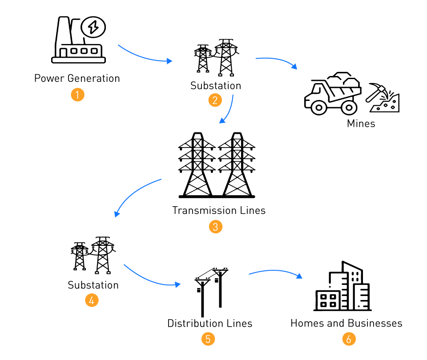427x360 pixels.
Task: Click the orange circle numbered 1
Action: click(x=77, y=95)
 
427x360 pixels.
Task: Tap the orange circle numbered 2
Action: click(x=215, y=100)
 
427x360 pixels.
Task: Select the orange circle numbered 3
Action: click(x=215, y=227)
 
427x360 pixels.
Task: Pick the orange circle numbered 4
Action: click(x=92, y=300)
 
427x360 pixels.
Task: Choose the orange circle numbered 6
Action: click(x=349, y=339)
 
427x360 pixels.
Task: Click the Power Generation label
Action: click(x=77, y=79)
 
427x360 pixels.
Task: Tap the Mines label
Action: click(x=361, y=124)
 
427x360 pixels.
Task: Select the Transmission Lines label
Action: click(x=219, y=210)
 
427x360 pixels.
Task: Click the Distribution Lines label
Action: click(x=209, y=323)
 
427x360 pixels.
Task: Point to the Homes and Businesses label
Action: click(x=346, y=323)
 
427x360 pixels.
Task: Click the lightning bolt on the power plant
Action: click(x=93, y=28)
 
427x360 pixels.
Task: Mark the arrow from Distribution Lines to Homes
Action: click(x=276, y=272)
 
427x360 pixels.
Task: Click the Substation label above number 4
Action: click(x=93, y=285)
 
